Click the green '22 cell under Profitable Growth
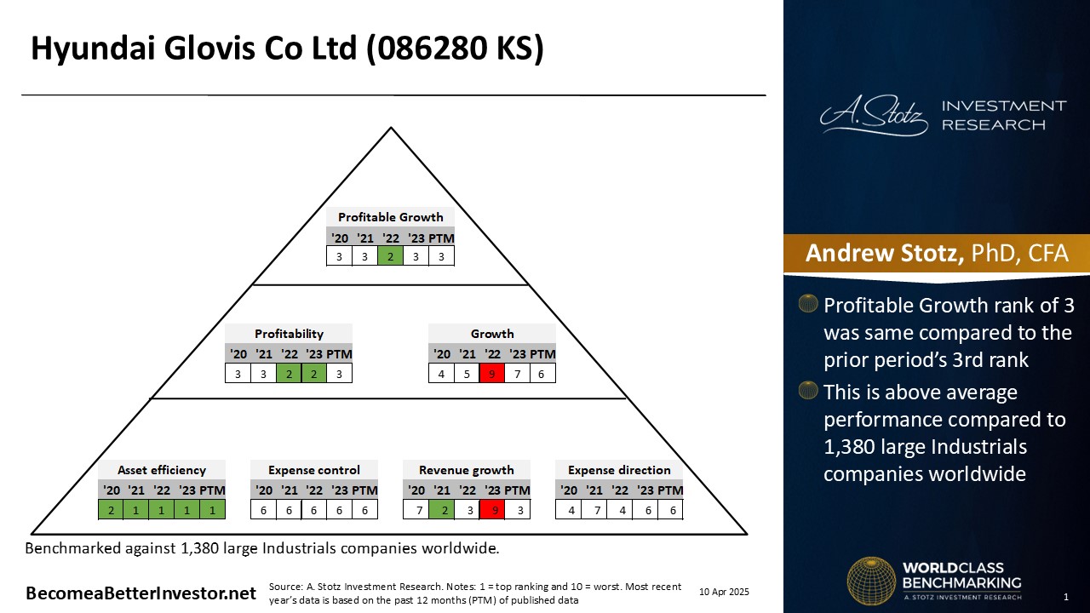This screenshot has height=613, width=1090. tap(390, 256)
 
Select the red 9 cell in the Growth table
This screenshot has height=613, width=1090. tap(491, 374)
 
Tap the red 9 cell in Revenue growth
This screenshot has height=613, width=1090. tap(491, 510)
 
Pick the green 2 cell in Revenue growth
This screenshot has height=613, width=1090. tap(442, 510)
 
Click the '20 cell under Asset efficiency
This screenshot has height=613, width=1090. tap(111, 510)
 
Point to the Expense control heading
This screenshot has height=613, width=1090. tap(314, 470)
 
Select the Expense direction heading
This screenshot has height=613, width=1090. tap(619, 470)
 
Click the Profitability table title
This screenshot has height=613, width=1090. tap(289, 334)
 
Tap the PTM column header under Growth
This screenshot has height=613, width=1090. tap(542, 354)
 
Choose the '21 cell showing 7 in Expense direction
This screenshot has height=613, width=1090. tap(597, 510)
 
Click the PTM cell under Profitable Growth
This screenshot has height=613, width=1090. tap(441, 256)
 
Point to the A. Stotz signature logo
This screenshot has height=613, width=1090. tap(874, 115)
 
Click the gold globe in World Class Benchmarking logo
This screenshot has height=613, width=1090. tap(871, 581)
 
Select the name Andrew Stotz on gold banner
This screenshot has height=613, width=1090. tap(884, 253)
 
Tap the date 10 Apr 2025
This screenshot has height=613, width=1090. tap(724, 592)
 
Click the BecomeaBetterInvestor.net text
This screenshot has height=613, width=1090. tap(141, 593)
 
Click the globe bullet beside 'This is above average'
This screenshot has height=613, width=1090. tap(808, 390)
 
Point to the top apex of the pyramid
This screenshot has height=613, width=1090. tap(391, 128)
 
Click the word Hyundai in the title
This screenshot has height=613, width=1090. tap(94, 49)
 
